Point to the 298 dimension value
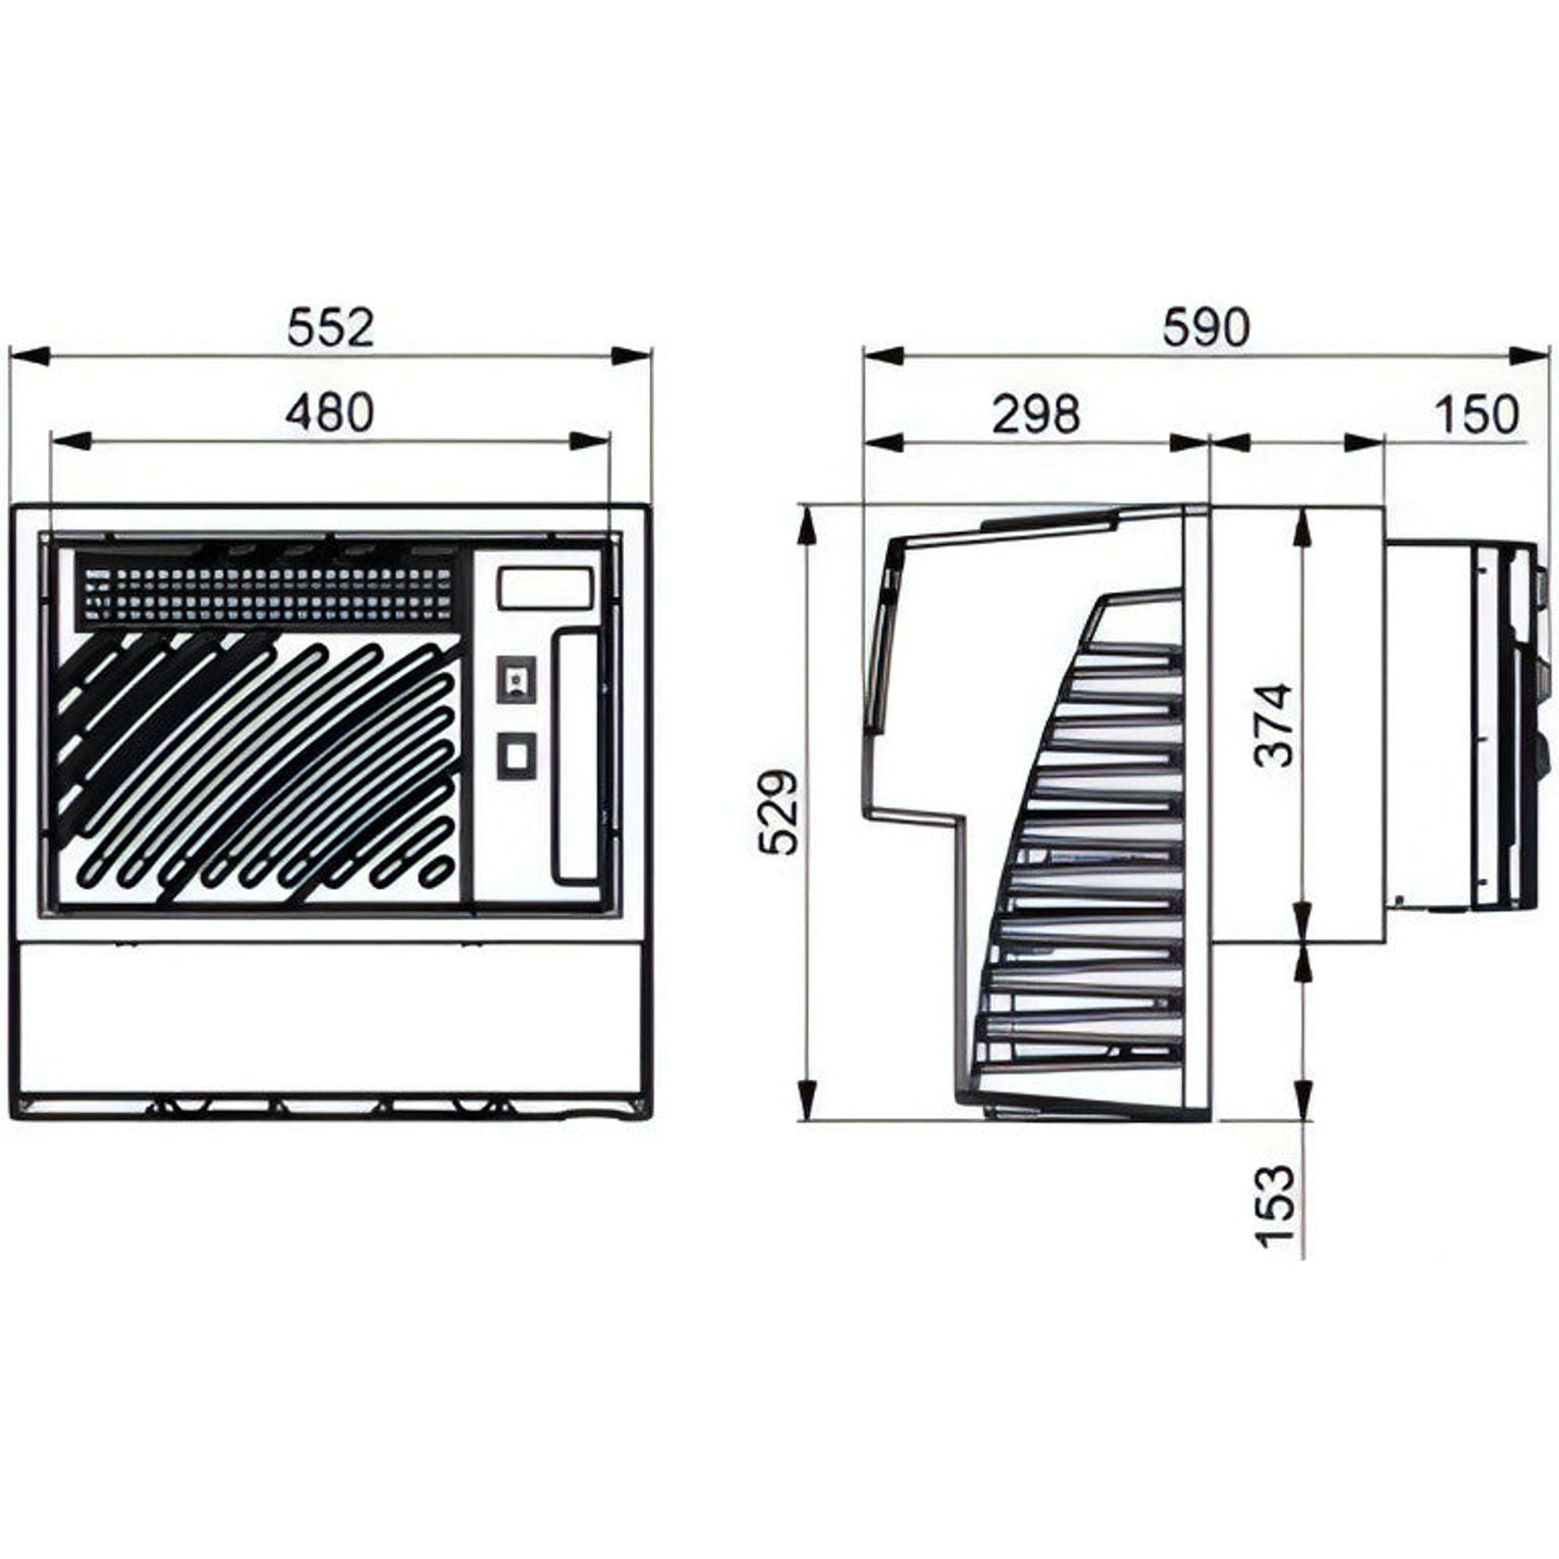coord(1035,415)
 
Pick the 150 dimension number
coord(1476,415)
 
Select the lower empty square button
coord(516,755)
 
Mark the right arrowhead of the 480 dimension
coord(589,442)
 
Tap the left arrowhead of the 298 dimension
coord(884,442)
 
